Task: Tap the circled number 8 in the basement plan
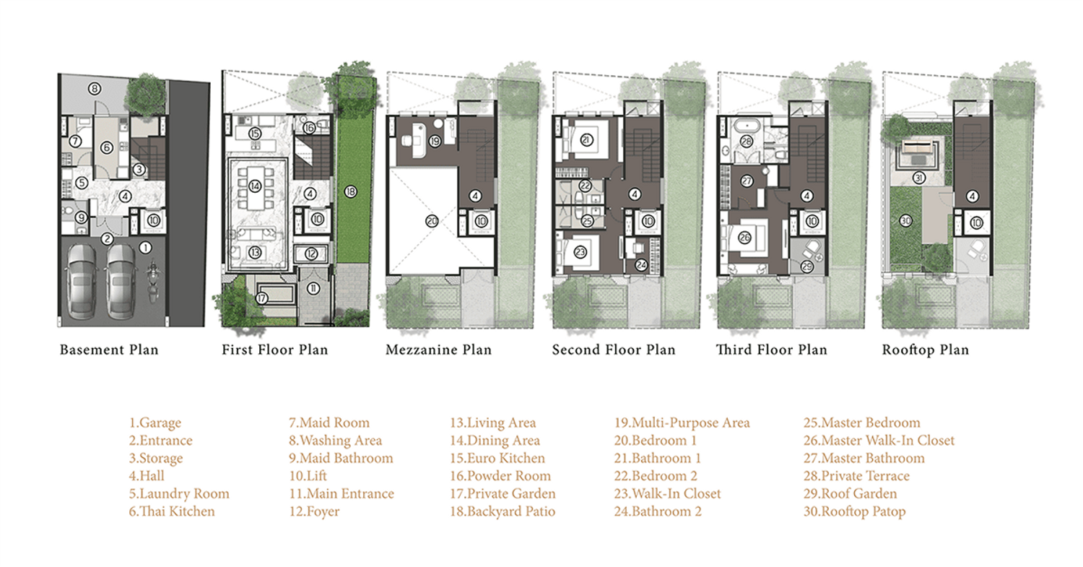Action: point(95,89)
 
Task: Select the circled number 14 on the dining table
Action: point(255,186)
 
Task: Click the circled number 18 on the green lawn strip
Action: point(350,191)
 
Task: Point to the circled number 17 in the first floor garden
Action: point(261,298)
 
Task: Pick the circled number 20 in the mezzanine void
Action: point(432,222)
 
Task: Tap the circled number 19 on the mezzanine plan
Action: point(435,142)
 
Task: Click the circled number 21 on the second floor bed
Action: point(586,140)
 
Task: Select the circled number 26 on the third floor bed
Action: point(744,238)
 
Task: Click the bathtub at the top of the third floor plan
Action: point(747,127)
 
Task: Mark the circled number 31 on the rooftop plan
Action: point(918,178)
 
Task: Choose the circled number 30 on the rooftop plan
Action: point(905,221)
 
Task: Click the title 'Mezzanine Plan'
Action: point(438,350)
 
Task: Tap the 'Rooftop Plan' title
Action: point(926,350)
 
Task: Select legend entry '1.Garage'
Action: point(155,423)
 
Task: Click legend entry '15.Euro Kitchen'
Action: point(497,458)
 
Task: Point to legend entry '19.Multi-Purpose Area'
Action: point(682,423)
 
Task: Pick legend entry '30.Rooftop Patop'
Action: point(854,511)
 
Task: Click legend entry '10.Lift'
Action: point(308,476)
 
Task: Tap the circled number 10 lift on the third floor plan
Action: point(812,222)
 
